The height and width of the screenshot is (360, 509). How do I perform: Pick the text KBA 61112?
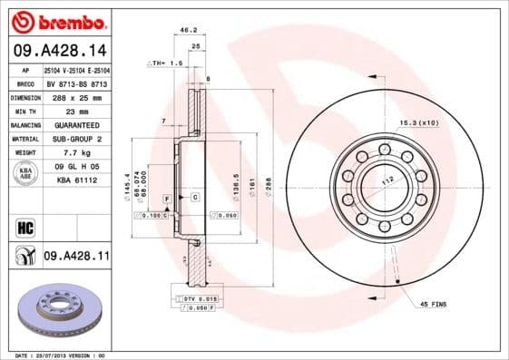[77, 180]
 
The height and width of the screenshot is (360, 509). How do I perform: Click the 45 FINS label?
[433, 303]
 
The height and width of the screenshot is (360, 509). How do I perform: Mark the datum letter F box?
[167, 197]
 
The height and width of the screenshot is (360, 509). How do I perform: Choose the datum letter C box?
[194, 197]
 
